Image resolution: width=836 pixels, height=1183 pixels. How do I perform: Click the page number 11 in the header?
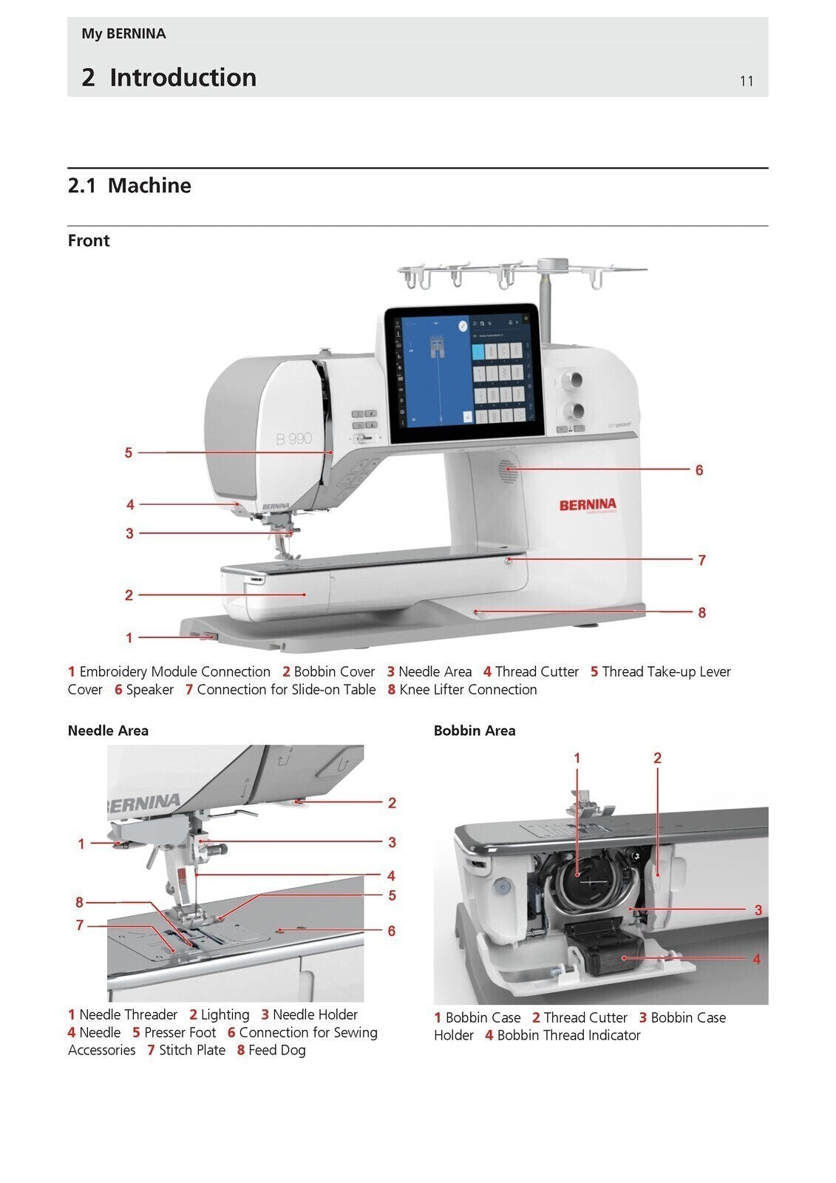[746, 81]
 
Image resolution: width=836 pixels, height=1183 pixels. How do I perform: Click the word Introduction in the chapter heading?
[183, 78]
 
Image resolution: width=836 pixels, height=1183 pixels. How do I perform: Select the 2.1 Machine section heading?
[129, 186]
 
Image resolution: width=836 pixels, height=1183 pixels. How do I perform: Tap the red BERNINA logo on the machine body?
[587, 505]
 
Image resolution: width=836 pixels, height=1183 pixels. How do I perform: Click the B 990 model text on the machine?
[294, 439]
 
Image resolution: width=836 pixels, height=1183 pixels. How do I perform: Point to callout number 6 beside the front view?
[699, 470]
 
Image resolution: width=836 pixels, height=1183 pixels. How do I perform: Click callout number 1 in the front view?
[129, 637]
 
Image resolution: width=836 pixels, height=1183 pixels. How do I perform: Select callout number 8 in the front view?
[701, 612]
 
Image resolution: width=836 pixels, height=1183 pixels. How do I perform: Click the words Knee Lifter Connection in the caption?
[468, 690]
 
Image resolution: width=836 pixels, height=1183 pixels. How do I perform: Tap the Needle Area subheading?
[108, 731]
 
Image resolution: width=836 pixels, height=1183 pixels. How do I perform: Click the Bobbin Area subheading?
[475, 731]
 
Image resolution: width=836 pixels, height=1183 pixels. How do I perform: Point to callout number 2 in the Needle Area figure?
[392, 803]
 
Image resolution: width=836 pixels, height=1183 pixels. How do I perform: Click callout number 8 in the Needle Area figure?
[80, 902]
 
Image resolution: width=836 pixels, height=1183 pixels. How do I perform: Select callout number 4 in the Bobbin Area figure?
[756, 959]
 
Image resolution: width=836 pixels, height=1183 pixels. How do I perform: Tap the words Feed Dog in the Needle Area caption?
[276, 1051]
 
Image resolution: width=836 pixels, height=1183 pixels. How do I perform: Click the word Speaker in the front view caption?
[149, 690]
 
